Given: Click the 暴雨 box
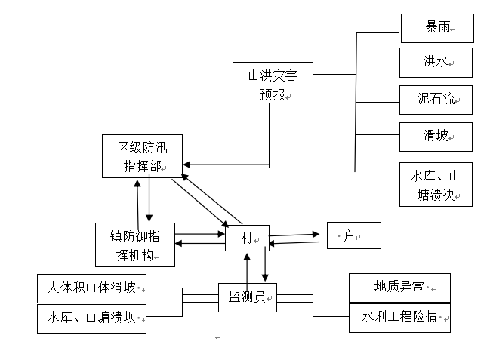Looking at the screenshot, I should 436,28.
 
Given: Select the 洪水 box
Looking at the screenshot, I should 436,62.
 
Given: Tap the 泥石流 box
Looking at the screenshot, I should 436,99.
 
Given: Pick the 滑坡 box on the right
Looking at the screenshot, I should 436,137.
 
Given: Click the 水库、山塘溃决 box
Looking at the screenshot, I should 436,184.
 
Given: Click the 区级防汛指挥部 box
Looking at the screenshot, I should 142,156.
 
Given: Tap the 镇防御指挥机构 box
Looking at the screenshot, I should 136,245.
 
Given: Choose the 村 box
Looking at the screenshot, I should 247,239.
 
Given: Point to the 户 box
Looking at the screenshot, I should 353,235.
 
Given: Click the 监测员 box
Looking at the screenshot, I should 247,297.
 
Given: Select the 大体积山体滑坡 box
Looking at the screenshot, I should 91,288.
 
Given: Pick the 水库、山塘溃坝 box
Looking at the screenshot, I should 91,318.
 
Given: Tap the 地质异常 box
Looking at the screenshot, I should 399,288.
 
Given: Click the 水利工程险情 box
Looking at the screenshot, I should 399,317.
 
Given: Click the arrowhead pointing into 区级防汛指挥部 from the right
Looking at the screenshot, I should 186,164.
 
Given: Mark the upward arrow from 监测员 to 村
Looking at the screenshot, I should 247,260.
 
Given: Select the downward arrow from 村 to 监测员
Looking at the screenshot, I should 265,276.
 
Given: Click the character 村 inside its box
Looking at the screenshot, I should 246,239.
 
